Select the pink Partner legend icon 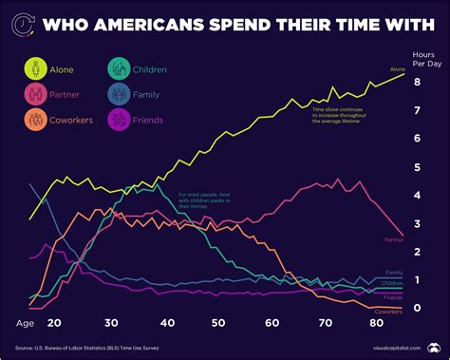pyautogui.click(x=36, y=94)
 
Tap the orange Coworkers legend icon pyautogui.click(x=36, y=120)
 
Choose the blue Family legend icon pyautogui.click(x=118, y=94)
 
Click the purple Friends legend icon pyautogui.click(x=118, y=120)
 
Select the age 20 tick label pyautogui.click(x=53, y=323)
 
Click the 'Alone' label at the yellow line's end pyautogui.click(x=397, y=69)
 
